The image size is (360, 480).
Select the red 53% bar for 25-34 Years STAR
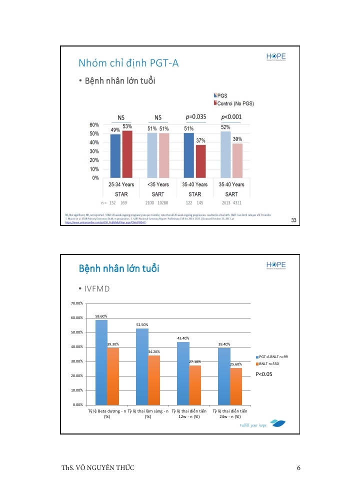coord(127,154)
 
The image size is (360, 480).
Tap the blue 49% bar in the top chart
coord(115,156)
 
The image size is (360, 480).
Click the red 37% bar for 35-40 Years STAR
coord(200,161)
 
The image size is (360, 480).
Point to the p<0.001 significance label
coord(231,117)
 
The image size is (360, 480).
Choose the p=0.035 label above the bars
coord(195,117)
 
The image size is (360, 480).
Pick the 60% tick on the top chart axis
coord(93,124)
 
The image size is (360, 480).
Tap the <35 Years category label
coord(158,184)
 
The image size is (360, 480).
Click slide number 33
coord(294,220)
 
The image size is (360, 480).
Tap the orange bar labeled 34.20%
coord(154,380)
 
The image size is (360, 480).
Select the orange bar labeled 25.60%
coord(236,386)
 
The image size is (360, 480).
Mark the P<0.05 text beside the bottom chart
coord(264,374)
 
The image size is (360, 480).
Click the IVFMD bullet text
coord(97,289)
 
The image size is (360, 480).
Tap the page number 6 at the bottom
coord(298,468)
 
